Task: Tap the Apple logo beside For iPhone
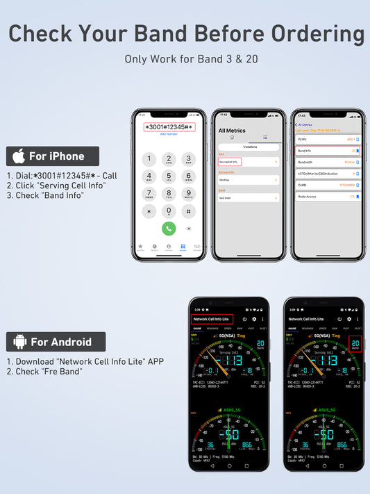19,156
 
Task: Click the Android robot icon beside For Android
19,342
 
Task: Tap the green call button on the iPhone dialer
169,228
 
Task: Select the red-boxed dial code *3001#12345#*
169,127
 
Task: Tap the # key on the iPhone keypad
188,211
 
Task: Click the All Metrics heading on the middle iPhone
232,131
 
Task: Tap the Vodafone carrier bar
249,147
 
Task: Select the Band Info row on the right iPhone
328,150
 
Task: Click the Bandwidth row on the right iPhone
328,162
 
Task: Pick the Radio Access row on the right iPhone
328,197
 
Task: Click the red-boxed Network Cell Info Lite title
212,319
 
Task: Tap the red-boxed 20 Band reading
355,344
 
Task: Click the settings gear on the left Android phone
254,319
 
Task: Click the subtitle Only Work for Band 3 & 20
191,59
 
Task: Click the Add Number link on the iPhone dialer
169,134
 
